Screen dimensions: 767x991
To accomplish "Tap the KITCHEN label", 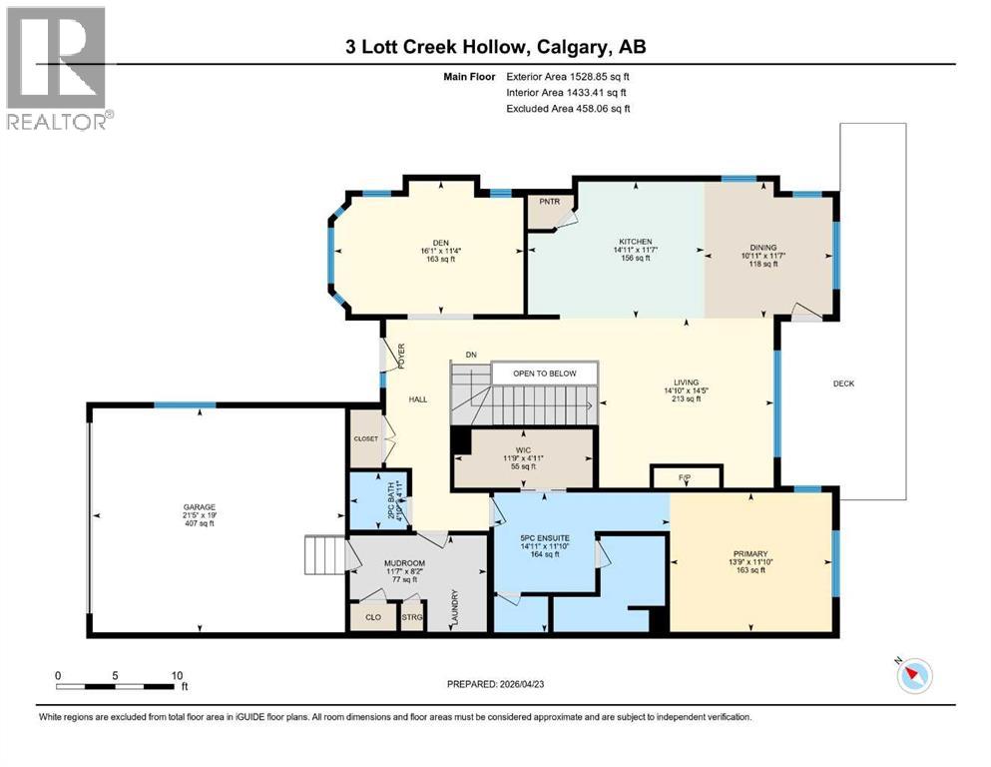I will [x=635, y=242].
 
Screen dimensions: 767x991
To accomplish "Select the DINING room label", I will [x=763, y=248].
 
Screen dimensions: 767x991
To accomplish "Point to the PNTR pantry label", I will [x=549, y=201].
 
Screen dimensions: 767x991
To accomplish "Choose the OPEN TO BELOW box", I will [x=545, y=374].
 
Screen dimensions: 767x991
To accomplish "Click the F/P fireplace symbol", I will [x=686, y=478].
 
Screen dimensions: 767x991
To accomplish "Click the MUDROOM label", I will [x=405, y=563].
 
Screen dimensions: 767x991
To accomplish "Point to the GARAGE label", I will [x=199, y=507].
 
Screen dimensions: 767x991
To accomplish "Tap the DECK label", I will [x=843, y=383].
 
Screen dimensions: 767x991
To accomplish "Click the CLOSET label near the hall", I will [x=365, y=437].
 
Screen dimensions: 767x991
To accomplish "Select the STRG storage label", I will [x=411, y=617].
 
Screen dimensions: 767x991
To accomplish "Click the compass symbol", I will [x=913, y=676].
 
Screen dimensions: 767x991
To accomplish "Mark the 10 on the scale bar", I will [x=177, y=675].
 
